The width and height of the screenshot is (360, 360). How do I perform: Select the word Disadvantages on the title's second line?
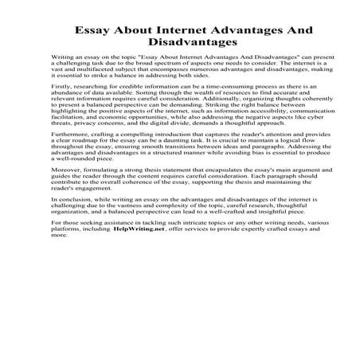pos(180,44)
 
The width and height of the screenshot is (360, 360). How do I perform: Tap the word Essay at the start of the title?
pos(94,29)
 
